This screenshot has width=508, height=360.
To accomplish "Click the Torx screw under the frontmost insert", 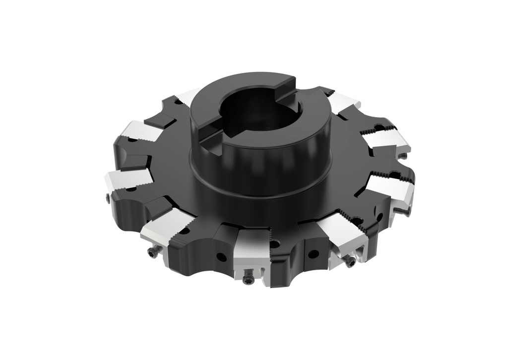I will point(248,280).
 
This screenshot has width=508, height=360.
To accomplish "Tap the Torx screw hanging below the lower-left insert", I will point(153,252).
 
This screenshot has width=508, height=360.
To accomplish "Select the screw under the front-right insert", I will point(350,261).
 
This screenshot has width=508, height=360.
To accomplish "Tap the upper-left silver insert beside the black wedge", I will point(142,131).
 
